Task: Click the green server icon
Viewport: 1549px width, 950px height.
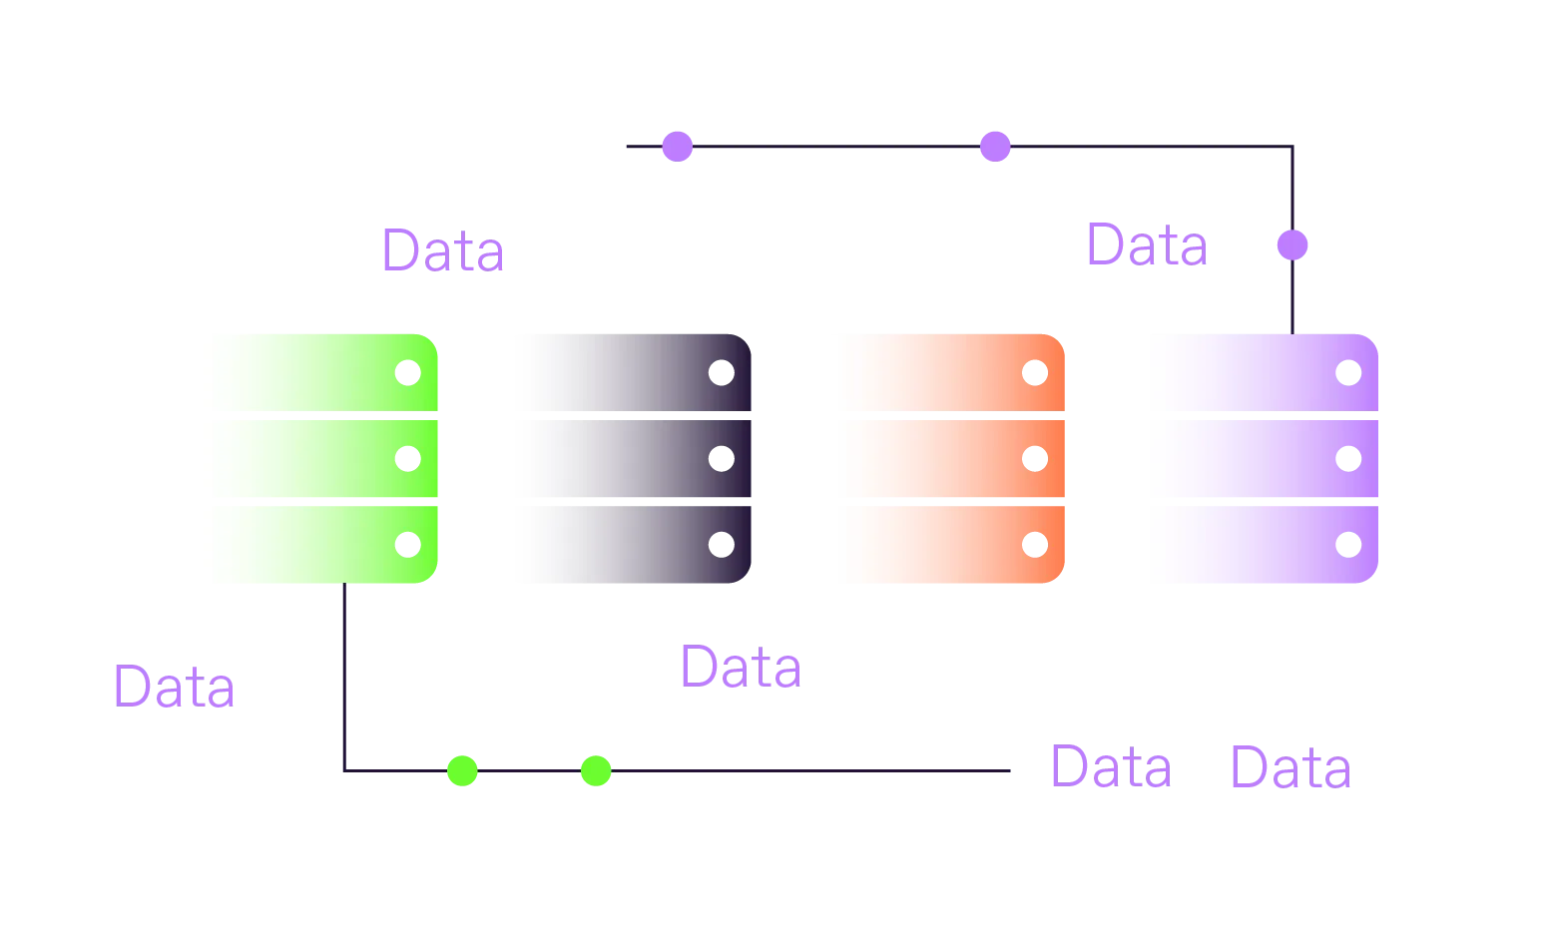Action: [x=311, y=458]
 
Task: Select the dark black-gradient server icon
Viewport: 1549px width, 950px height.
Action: [x=625, y=458]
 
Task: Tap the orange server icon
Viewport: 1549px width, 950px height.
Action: [x=941, y=458]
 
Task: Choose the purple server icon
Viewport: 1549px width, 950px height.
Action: [x=1253, y=458]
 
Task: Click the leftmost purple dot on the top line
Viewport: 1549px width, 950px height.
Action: [x=678, y=147]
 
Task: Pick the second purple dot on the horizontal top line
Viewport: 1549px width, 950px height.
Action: [x=994, y=147]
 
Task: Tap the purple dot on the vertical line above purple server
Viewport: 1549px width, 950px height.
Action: [x=1292, y=245]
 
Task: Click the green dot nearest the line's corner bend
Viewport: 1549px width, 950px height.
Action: [x=462, y=770]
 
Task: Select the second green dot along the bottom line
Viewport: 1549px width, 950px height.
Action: [x=596, y=770]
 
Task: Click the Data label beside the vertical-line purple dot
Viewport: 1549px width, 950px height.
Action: [x=1147, y=245]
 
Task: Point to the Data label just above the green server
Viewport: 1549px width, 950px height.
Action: [x=443, y=248]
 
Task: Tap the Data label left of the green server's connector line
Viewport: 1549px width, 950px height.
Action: [x=175, y=687]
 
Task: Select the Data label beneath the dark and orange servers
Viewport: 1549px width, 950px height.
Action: [x=741, y=666]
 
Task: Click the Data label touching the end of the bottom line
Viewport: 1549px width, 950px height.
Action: [x=1109, y=767]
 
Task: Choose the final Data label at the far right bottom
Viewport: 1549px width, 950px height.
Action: [x=1291, y=767]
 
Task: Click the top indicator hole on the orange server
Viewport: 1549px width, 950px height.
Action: [x=1037, y=374]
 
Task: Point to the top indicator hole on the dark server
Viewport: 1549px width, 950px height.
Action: [x=719, y=374]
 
